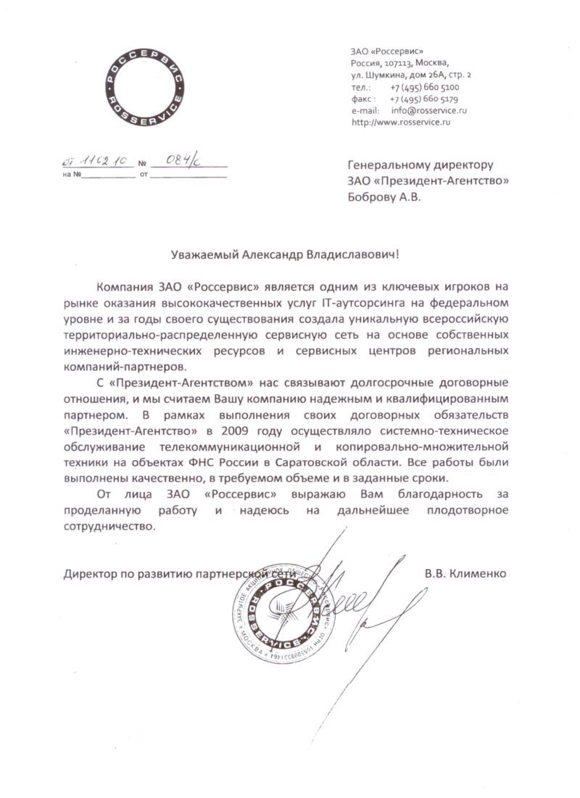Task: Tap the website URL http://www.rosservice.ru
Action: [x=401, y=123]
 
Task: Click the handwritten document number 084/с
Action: [x=178, y=162]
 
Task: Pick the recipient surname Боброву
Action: [x=374, y=196]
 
